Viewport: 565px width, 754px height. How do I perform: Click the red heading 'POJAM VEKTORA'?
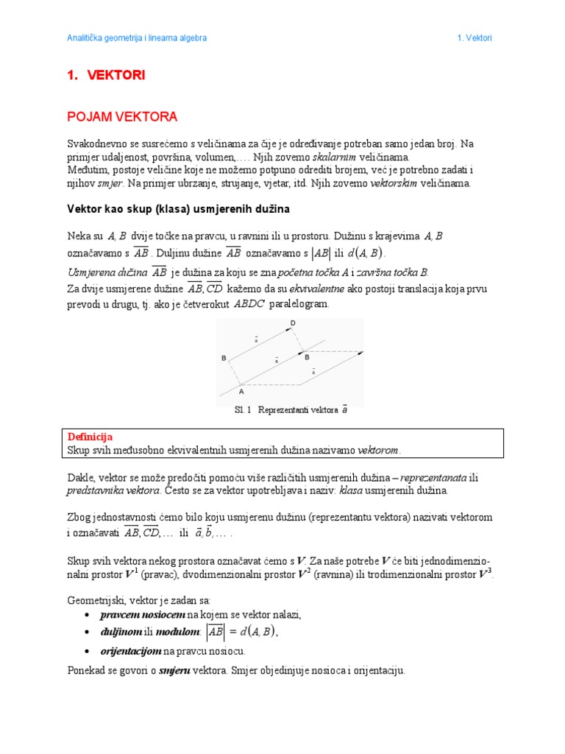122,116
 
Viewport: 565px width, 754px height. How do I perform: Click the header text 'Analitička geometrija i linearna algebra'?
137,38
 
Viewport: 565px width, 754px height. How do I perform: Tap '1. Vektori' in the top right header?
474,38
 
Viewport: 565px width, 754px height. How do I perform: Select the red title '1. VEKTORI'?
106,75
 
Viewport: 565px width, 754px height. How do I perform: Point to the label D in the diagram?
293,323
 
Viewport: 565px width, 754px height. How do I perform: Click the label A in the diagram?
241,392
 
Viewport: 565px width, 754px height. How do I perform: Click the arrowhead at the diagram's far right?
360,353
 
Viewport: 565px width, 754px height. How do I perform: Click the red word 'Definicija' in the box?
90,437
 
